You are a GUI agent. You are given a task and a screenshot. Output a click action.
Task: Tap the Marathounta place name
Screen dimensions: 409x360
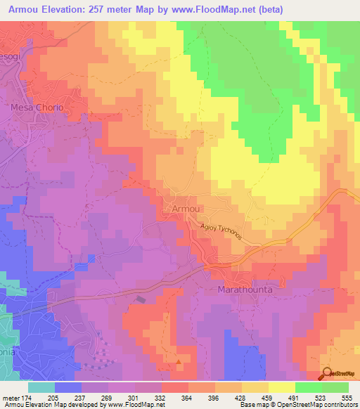point(245,289)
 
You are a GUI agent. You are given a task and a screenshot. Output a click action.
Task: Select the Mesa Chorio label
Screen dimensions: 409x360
point(37,108)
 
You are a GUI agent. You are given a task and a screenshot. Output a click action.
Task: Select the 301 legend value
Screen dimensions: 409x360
point(134,398)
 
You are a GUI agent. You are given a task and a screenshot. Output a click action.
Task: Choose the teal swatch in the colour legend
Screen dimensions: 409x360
point(41,387)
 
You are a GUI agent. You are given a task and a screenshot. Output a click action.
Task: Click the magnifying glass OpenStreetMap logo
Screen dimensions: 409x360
point(326,374)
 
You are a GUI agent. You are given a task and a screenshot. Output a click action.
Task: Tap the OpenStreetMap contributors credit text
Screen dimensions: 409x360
point(316,405)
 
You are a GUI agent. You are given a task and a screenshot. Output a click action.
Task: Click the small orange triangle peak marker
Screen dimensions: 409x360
point(179,363)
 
